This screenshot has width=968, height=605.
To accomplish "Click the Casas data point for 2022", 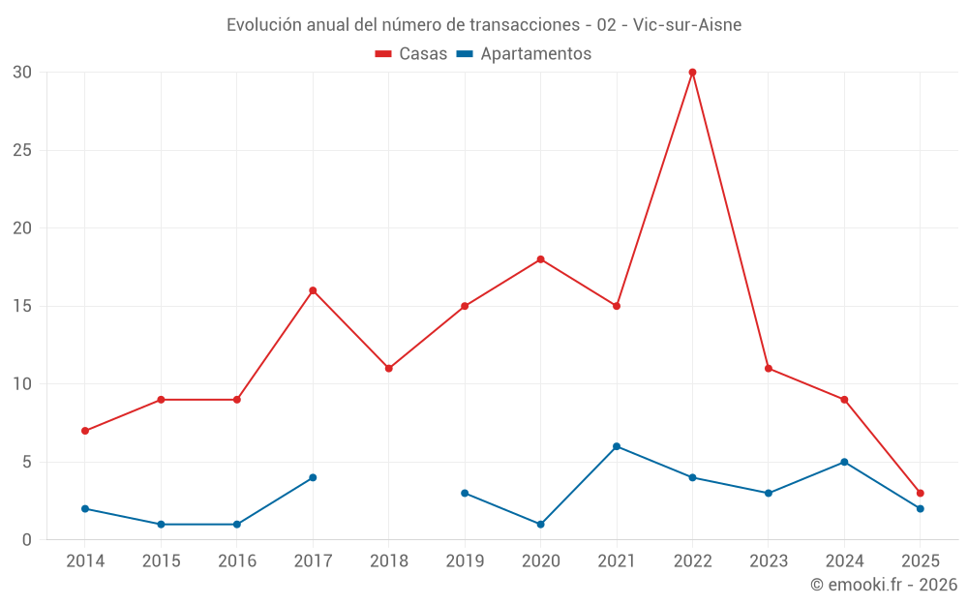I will [x=692, y=72].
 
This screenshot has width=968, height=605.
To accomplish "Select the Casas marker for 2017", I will [x=313, y=290].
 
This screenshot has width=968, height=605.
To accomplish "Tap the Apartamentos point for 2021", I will [x=617, y=446].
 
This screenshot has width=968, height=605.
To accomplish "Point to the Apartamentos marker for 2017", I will [x=313, y=477].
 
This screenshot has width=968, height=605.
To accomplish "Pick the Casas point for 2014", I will [x=85, y=431].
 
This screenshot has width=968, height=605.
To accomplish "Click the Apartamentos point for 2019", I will [x=465, y=493].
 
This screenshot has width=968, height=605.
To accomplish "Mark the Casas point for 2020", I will [x=540, y=259].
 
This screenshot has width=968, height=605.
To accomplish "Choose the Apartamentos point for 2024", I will [x=844, y=462].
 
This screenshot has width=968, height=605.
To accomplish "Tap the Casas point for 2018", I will [x=388, y=368].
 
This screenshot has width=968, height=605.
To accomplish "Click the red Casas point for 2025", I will [x=920, y=493].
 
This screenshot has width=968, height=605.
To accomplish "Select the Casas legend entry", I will [x=411, y=54].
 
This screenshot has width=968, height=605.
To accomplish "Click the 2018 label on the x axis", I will [x=388, y=560].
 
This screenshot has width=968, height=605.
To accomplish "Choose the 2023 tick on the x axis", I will [x=769, y=560].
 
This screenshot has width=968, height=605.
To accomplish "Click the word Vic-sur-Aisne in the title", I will [x=687, y=25].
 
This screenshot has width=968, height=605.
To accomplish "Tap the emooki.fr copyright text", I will [x=883, y=585].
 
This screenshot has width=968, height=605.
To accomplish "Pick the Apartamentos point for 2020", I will [x=540, y=524].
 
